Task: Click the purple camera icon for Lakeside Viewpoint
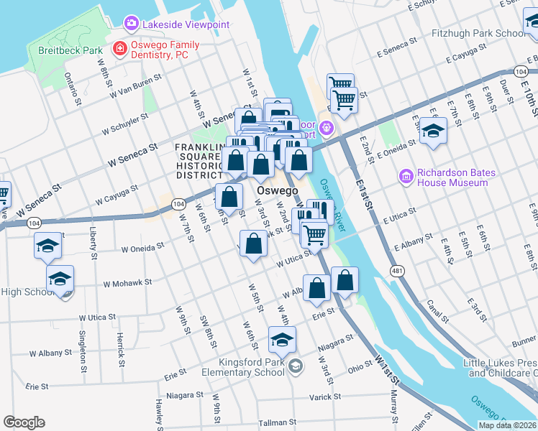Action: point(131,24)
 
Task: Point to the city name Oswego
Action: point(277,190)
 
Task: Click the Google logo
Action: point(24,422)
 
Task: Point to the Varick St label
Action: point(325,397)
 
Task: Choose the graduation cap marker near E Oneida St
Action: point(433,131)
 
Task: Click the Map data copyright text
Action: point(507,425)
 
